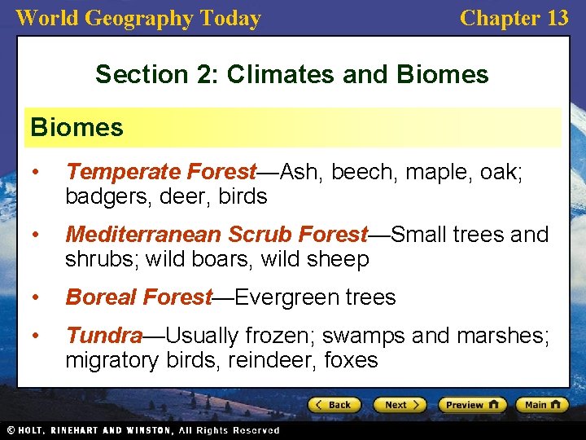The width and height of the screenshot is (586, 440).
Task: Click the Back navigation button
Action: pyautogui.click(x=334, y=404)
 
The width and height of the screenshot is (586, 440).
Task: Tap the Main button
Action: pyautogui.click(x=541, y=404)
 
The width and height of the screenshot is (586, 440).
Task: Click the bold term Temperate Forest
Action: pyautogui.click(x=161, y=172)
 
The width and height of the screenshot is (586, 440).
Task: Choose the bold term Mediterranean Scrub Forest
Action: pyautogui.click(x=216, y=235)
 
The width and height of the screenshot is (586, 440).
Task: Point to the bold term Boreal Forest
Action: pyautogui.click(x=139, y=297)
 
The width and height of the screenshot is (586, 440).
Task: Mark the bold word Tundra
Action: pyautogui.click(x=104, y=335)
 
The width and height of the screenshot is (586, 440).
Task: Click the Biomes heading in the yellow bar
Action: pyautogui.click(x=77, y=127)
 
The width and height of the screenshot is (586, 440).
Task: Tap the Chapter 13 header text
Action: pyautogui.click(x=514, y=18)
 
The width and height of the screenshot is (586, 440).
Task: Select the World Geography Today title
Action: pyautogui.click(x=138, y=18)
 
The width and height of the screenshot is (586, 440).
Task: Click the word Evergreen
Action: pyautogui.click(x=277, y=297)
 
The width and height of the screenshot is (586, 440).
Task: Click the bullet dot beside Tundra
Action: pyautogui.click(x=36, y=335)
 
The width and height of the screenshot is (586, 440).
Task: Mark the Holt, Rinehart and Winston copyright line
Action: pyautogui.click(x=142, y=430)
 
